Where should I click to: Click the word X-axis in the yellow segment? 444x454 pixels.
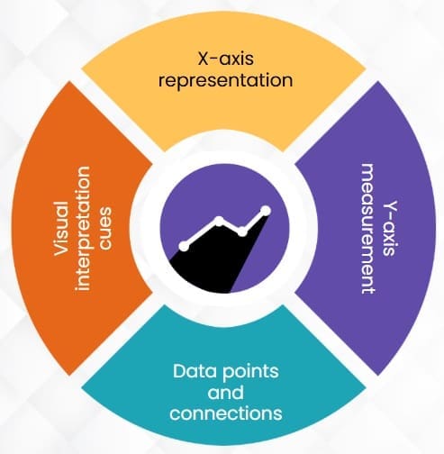226,59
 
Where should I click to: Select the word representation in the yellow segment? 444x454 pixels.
226,80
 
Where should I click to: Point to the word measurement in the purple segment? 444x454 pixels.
367,229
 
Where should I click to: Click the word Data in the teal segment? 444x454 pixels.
195,371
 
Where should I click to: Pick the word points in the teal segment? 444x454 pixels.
250,372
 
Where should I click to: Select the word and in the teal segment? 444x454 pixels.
226,393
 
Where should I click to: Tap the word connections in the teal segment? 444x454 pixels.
226,413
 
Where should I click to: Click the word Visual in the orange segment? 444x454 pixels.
61,229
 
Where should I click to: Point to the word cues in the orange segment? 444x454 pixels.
105,229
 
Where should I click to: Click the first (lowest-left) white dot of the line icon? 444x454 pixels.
184,246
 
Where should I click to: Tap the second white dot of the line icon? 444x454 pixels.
220,222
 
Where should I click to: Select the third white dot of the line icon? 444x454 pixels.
242,232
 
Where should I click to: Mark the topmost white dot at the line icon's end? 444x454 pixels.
266,211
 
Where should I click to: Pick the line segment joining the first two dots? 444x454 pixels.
202,234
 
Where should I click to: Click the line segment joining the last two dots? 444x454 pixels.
254,222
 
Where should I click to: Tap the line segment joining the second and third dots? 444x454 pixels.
231,227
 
